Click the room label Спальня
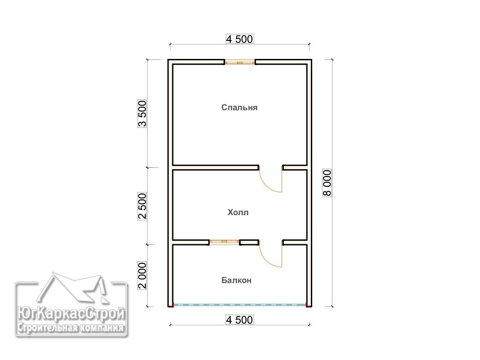(239, 108)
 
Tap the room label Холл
(238, 212)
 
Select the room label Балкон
(236, 280)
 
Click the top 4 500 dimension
(239, 39)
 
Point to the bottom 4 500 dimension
(239, 319)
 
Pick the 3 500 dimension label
(142, 113)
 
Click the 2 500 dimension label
(142, 206)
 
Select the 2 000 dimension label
(142, 275)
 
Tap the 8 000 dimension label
(327, 183)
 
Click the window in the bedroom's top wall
(240, 63)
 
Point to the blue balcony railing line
(240, 305)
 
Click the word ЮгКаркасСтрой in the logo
(71, 314)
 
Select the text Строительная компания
(71, 328)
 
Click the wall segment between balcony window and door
(249, 243)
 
